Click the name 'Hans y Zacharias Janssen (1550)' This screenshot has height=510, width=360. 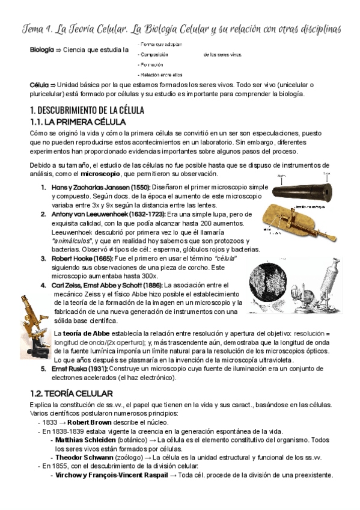(101, 188)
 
